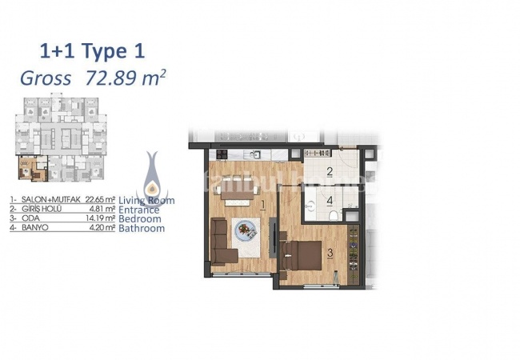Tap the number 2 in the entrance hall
(329, 171)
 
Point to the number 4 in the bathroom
(329, 201)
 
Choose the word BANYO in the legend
(30, 228)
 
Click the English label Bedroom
(140, 218)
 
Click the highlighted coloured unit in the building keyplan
(28, 170)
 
